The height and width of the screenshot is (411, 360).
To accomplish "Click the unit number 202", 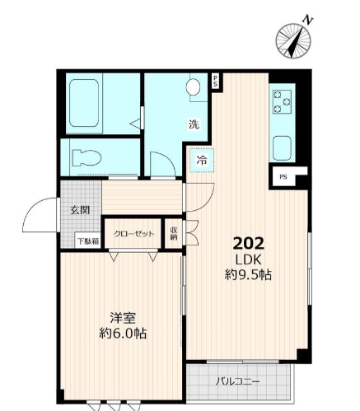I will point(248,244).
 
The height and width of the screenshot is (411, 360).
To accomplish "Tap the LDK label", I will point(248,259).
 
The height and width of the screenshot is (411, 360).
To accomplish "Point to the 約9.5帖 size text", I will point(248,275).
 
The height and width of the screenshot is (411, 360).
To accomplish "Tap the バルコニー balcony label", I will point(238,382).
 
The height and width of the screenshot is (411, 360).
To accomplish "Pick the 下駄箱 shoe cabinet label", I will point(87,241).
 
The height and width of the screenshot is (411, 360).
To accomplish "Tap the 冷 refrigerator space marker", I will point(201,161).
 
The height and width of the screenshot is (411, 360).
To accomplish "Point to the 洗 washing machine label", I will point(194,125).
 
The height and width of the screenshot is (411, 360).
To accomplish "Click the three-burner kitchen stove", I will point(282,102).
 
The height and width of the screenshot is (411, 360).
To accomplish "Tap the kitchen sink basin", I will point(282,149).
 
